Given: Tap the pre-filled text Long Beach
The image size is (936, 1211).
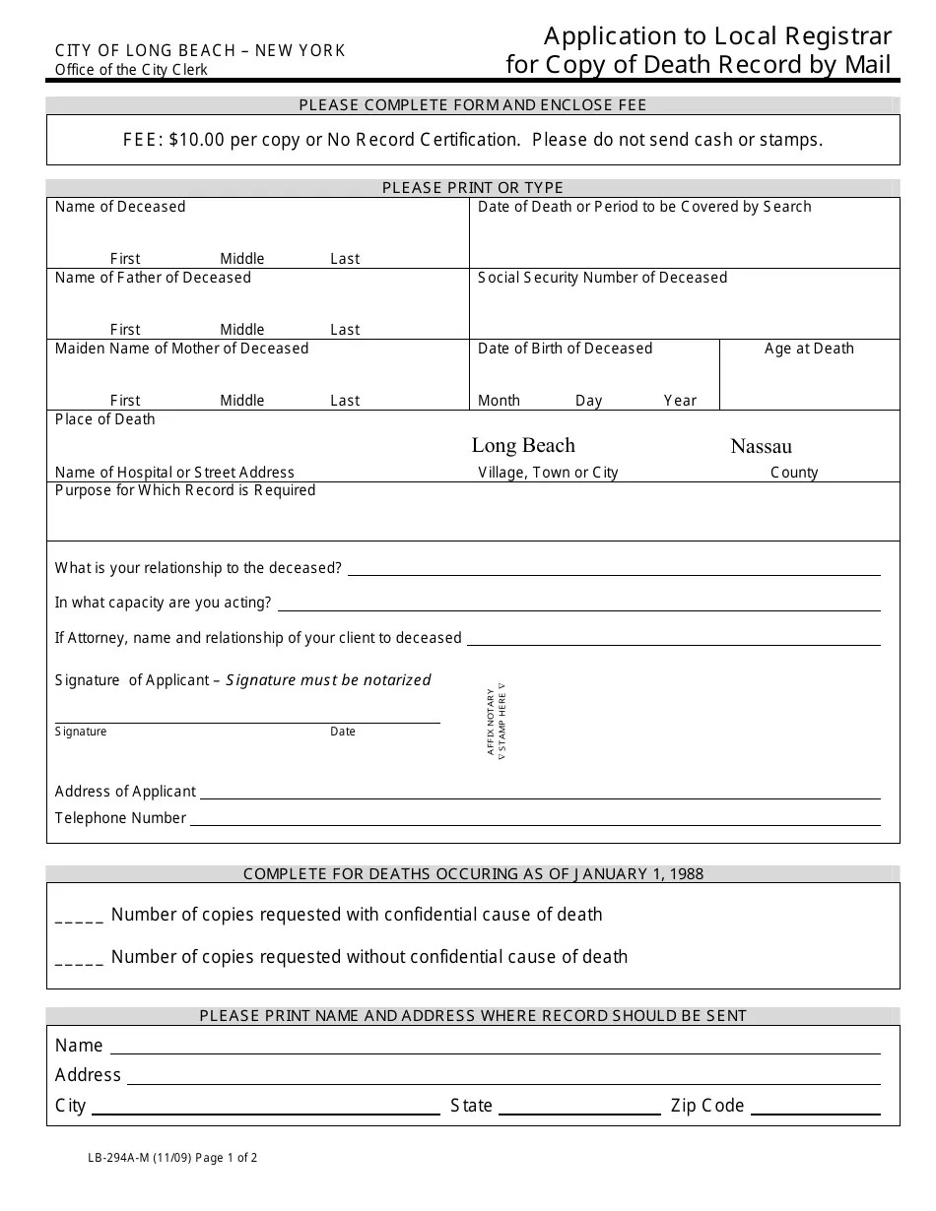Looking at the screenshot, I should click(x=523, y=445).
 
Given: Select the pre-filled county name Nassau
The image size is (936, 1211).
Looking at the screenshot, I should click(x=761, y=446).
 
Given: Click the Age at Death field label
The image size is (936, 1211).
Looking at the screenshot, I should click(x=809, y=349).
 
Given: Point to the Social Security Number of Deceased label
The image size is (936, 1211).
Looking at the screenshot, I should click(x=602, y=278).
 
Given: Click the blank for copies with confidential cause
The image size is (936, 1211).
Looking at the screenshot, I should click(x=79, y=918).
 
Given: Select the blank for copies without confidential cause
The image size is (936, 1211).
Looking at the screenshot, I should click(x=79, y=960).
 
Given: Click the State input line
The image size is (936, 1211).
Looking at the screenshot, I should click(x=579, y=1113).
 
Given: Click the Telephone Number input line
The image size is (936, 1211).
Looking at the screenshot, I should click(x=535, y=823).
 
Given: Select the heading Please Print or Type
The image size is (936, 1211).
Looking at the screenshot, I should click(x=473, y=187).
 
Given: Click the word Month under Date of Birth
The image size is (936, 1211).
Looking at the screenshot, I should click(x=499, y=401).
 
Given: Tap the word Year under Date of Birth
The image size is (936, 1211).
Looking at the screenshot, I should click(x=680, y=401).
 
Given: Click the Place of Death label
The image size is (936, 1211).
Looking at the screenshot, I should click(x=105, y=419).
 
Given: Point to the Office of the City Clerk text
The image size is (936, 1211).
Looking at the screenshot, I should click(x=131, y=70).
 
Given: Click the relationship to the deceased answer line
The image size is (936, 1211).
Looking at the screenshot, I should click(x=614, y=573).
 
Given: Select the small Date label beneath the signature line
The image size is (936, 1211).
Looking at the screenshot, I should click(x=343, y=732).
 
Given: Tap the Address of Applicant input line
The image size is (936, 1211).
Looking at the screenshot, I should click(x=540, y=797).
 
